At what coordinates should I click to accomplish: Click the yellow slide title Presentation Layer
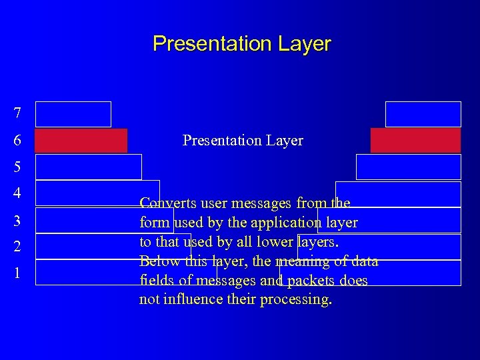(241, 44)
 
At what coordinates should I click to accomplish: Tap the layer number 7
(17, 114)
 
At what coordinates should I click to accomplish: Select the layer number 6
(17, 141)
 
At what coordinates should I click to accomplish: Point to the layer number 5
(17, 167)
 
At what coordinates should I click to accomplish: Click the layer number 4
(17, 193)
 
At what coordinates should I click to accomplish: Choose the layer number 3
(17, 220)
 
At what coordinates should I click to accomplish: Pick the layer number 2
(17, 247)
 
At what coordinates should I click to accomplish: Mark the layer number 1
(17, 273)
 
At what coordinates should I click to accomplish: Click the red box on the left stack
(81, 141)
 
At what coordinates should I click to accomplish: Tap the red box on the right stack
(415, 141)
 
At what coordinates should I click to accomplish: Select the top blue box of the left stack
(73, 114)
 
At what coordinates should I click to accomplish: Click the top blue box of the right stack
(423, 114)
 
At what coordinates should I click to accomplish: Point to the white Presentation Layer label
(243, 141)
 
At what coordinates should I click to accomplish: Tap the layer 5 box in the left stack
(88, 167)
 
